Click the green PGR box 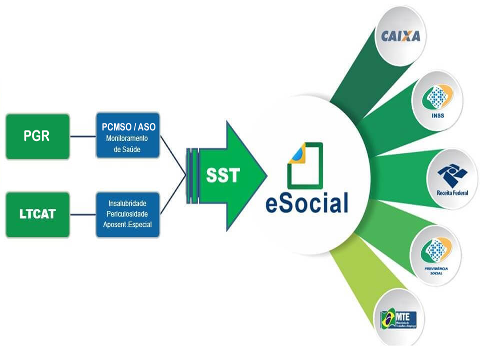37,136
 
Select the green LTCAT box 37,215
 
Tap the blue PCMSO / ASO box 128,135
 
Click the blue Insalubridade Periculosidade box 128,214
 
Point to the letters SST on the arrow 223,175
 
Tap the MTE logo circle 400,318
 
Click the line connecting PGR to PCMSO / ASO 82,136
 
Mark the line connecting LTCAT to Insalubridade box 82,215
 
